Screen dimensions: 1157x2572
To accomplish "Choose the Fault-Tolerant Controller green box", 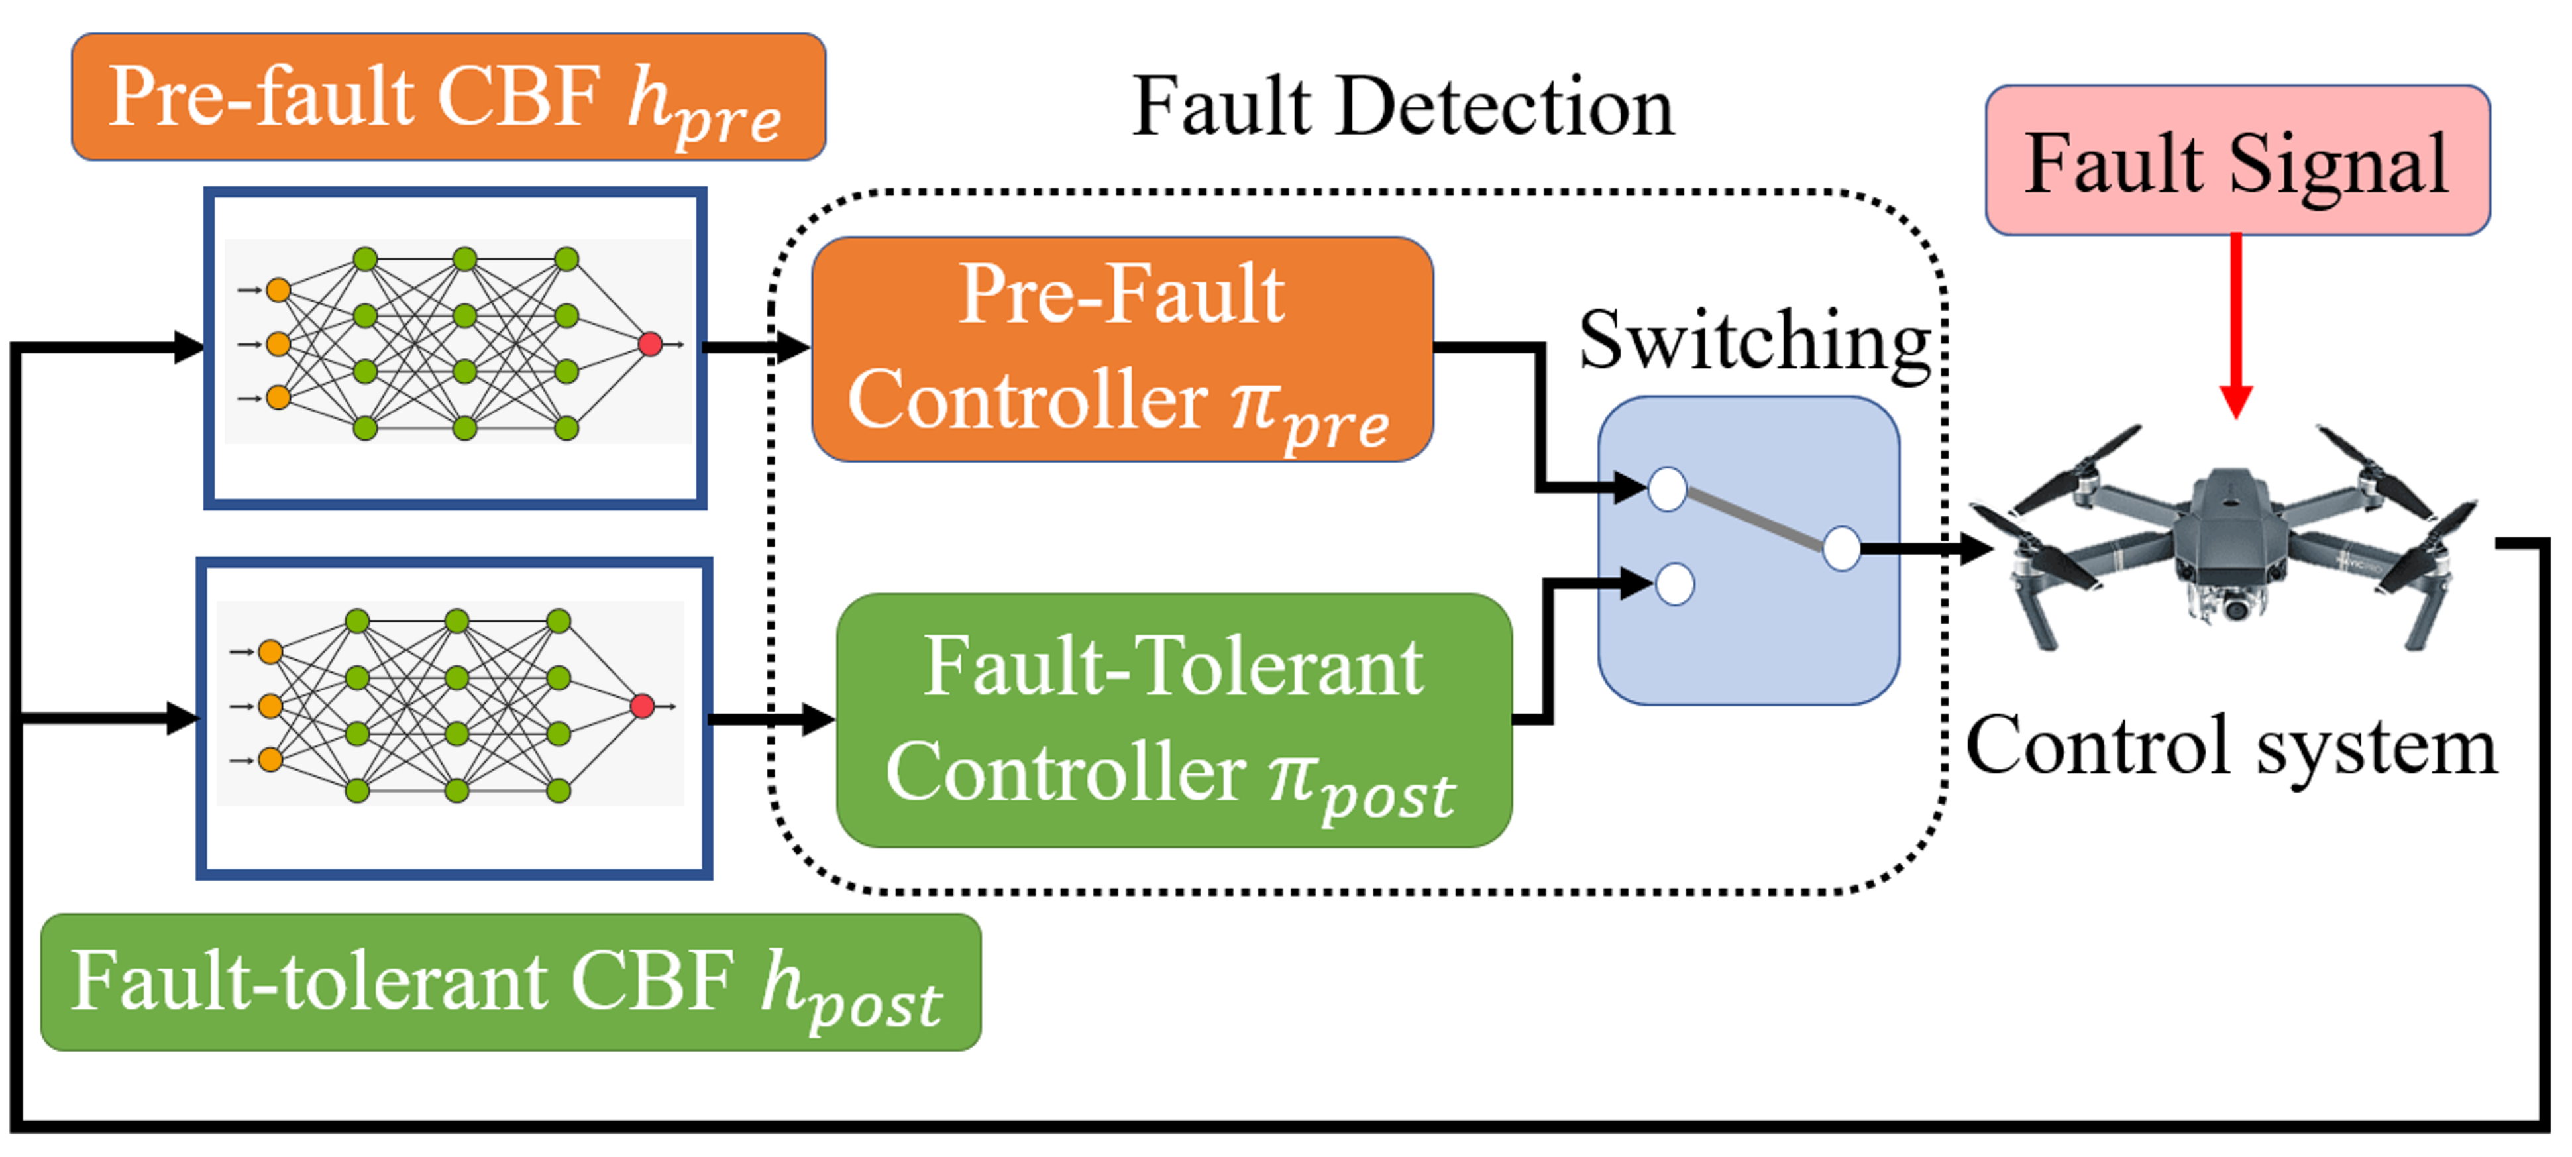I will point(1173,720).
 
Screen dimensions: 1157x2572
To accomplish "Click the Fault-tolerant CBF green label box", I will point(510,982).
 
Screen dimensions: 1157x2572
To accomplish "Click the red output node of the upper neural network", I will point(650,345).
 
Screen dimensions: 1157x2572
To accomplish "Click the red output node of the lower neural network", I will point(642,707).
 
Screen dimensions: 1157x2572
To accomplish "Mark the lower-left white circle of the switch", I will point(1674,584).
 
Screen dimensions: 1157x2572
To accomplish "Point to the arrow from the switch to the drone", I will point(1927,548).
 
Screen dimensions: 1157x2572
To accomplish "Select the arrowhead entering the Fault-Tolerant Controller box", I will point(819,719).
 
